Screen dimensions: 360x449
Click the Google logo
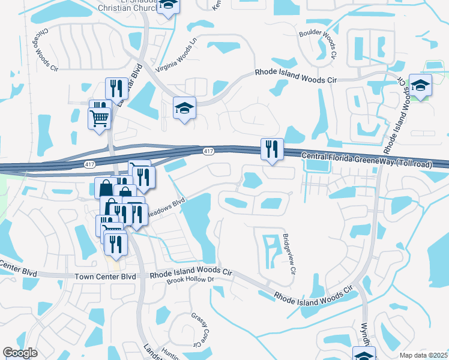coord(20,353)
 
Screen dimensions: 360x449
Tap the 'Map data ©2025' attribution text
coord(423,355)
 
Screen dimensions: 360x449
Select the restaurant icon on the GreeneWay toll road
coord(272,149)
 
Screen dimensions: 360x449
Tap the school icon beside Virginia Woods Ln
coord(184,107)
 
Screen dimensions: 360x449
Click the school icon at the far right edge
coord(420,85)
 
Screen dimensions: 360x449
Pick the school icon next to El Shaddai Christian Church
coord(169,5)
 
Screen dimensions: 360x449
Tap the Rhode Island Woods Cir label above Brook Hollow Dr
coord(190,272)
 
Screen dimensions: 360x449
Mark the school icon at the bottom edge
coord(363,354)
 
